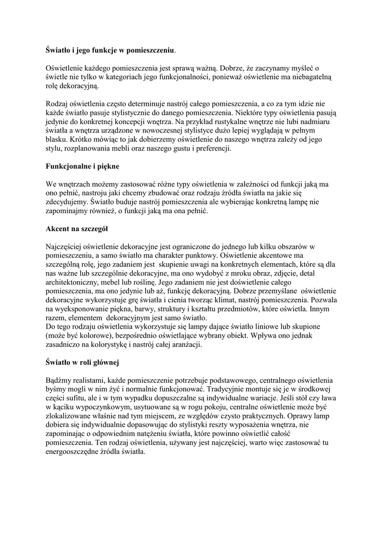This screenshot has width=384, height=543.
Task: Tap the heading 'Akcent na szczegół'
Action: (x=76, y=229)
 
